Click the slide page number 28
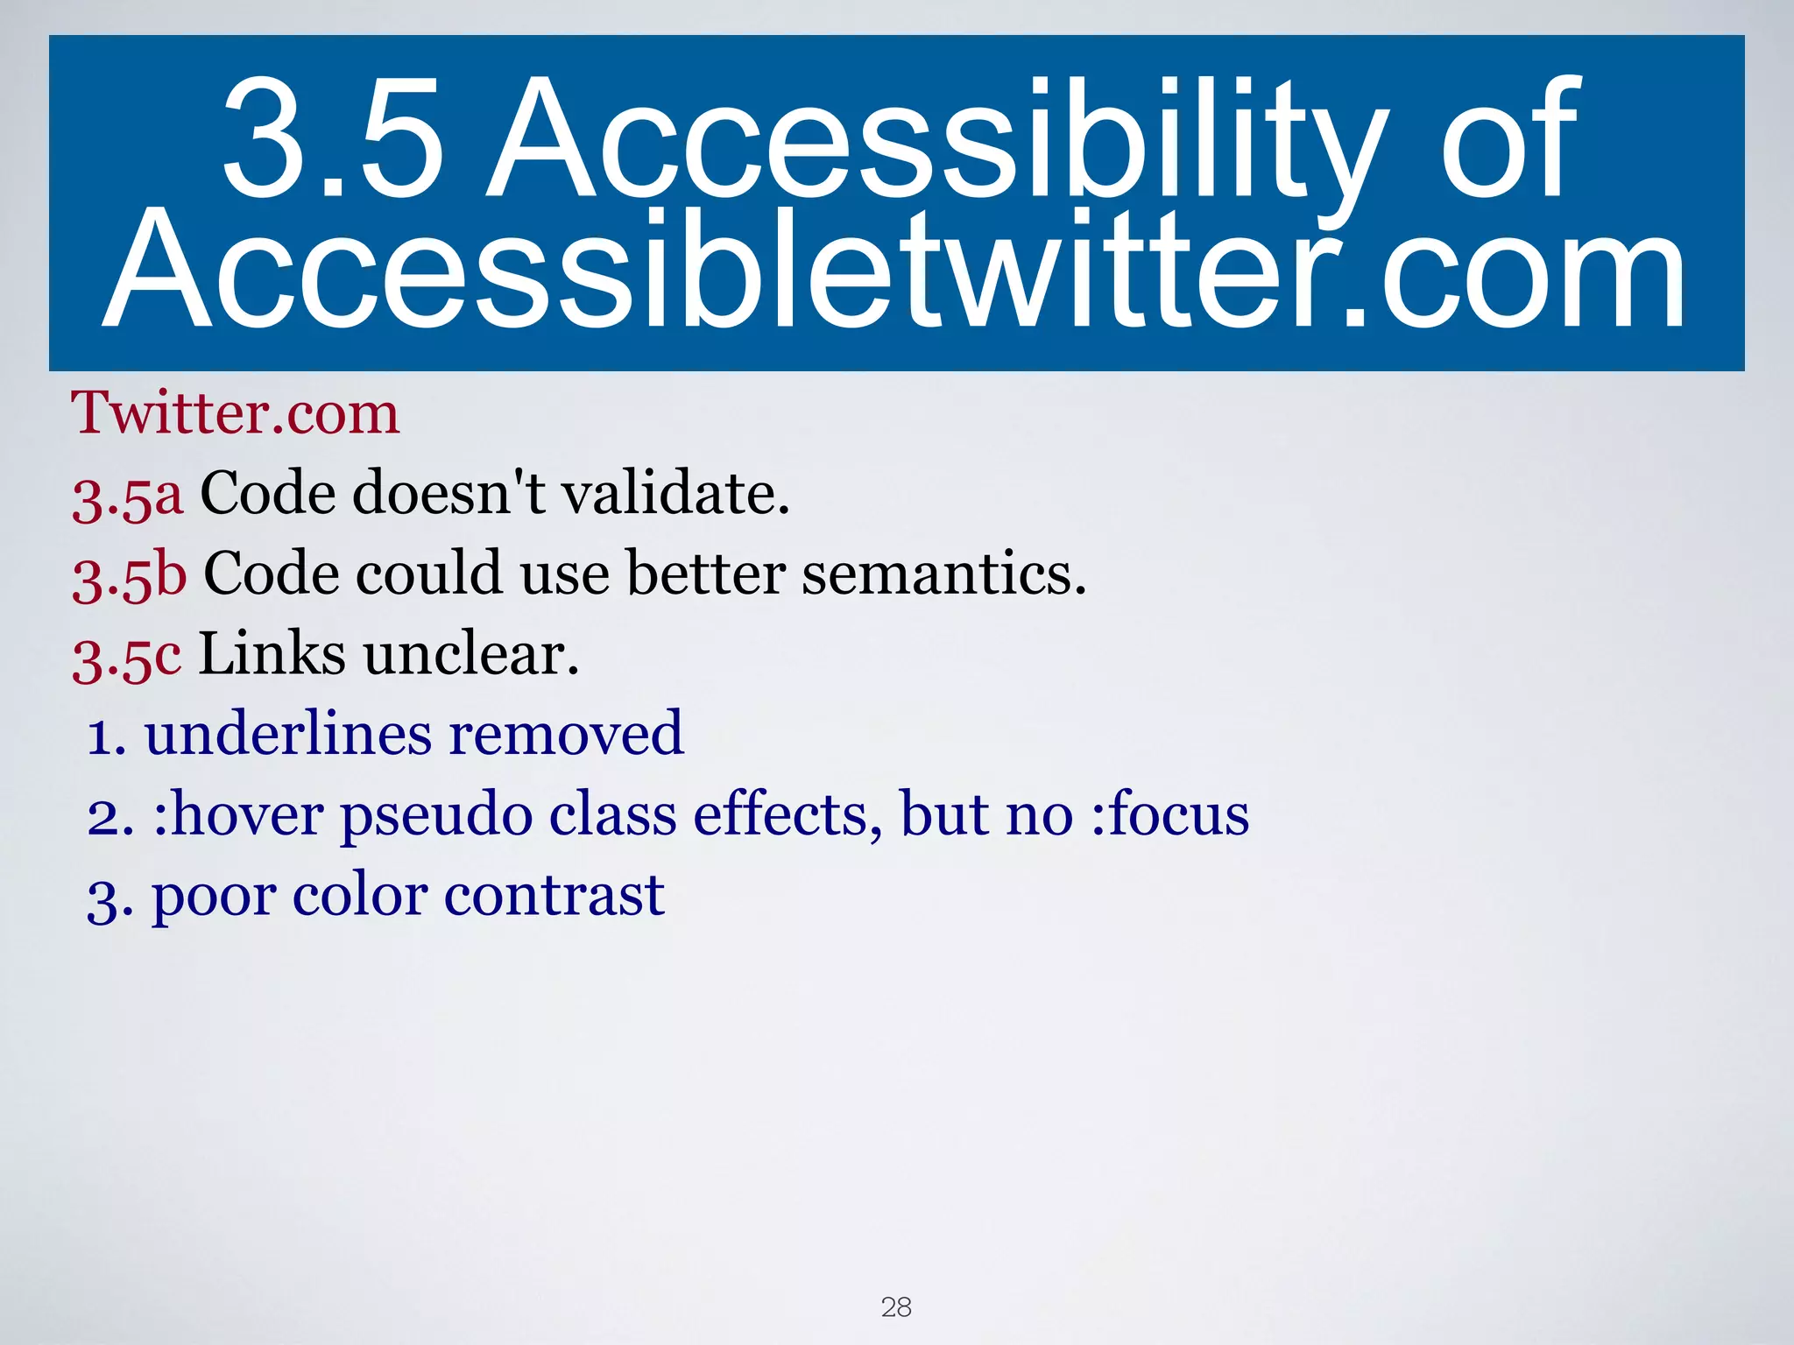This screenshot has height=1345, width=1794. coord(896,1307)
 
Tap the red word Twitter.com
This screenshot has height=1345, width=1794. coord(235,412)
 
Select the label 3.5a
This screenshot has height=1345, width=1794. coord(128,495)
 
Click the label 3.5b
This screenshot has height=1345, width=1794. coord(130,575)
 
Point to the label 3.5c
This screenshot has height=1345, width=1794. coord(127,656)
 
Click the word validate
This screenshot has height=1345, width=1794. coord(675,493)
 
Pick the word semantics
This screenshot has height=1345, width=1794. coord(944,574)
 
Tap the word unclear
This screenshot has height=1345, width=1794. coord(472,654)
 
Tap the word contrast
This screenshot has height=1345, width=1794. coord(554,896)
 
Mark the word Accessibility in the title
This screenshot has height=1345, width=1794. coord(936,140)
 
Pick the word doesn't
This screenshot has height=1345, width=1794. coord(449,493)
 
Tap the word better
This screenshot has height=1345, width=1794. coord(706,574)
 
